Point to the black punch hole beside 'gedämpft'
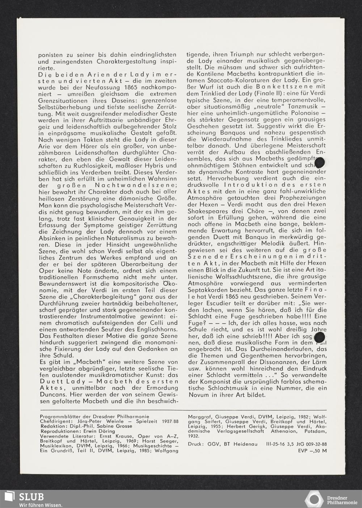[321, 163]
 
